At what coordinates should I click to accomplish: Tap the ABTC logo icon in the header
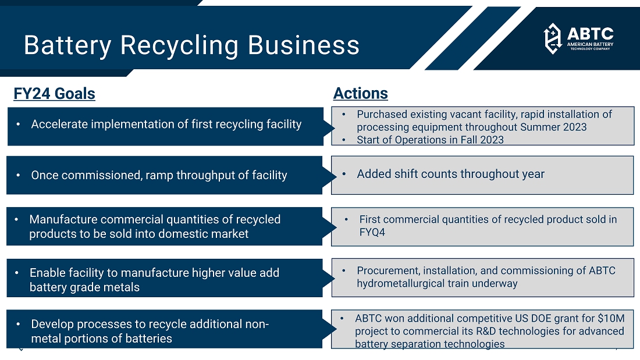pos(552,38)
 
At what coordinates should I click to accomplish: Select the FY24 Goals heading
pos(54,94)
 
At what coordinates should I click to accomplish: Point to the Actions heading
pos(360,94)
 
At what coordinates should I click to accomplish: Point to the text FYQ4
pos(372,232)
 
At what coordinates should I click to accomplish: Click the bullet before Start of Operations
pos(344,140)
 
